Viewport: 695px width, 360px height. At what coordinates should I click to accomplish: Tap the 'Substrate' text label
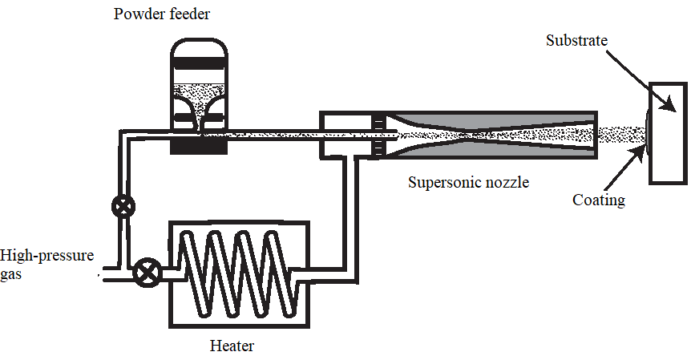pyautogui.click(x=576, y=38)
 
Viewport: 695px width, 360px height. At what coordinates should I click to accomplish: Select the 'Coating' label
pyautogui.click(x=598, y=200)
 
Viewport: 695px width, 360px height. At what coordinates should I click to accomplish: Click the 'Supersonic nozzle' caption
pyautogui.click(x=468, y=182)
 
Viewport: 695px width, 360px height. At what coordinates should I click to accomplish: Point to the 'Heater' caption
pyautogui.click(x=232, y=346)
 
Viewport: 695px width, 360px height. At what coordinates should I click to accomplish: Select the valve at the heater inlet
pyautogui.click(x=146, y=273)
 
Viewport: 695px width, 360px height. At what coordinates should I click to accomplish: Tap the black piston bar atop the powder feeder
pyautogui.click(x=200, y=63)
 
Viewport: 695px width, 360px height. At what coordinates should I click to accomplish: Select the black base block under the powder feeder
pyautogui.click(x=200, y=148)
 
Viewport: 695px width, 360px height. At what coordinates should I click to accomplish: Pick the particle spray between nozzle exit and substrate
pyautogui.click(x=622, y=132)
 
